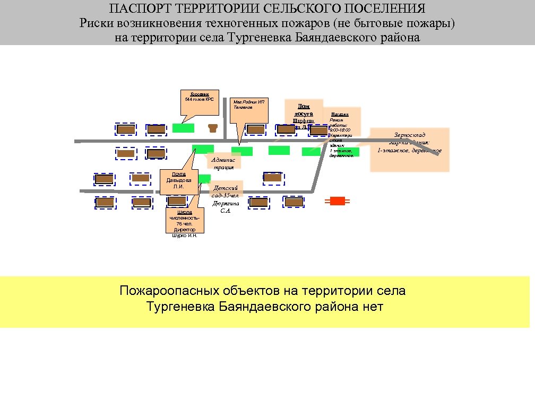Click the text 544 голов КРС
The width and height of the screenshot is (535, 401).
pyautogui.click(x=199, y=99)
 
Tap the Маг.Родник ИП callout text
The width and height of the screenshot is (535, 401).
pyautogui.click(x=248, y=101)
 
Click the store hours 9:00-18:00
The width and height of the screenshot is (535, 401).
pyautogui.click(x=340, y=130)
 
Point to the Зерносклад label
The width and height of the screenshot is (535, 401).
pyautogui.click(x=410, y=135)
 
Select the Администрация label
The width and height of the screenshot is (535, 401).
pyautogui.click(x=223, y=163)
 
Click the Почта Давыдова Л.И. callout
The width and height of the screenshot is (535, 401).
pyautogui.click(x=179, y=180)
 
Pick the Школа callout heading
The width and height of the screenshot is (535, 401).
pyautogui.click(x=184, y=212)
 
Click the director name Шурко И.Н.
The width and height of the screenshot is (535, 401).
pyautogui.click(x=184, y=236)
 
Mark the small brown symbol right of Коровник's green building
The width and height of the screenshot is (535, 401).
pyautogui.click(x=213, y=127)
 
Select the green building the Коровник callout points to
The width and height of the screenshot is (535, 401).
pyautogui.click(x=183, y=128)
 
